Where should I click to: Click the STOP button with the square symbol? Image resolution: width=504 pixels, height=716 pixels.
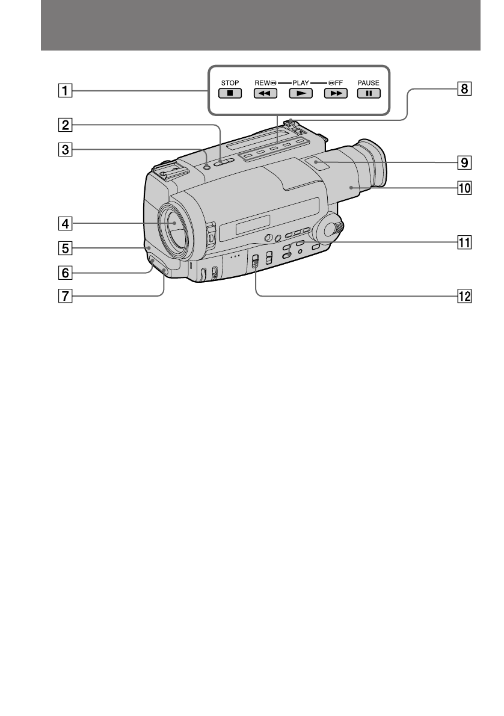point(230,94)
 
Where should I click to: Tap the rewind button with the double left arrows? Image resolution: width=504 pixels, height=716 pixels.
point(265,94)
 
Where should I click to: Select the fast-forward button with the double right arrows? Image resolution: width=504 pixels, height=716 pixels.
point(336,94)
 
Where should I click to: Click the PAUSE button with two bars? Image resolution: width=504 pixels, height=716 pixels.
point(369,94)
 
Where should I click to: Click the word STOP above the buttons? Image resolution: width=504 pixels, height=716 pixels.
point(230,83)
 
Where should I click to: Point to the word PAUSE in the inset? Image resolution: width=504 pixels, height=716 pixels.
point(369,83)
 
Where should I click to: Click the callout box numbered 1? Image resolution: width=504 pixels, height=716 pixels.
point(65,90)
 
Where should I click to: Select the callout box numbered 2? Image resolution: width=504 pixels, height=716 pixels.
point(65,125)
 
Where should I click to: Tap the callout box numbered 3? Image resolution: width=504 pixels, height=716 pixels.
point(65,149)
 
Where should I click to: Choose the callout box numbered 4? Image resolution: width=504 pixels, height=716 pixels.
point(65,224)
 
